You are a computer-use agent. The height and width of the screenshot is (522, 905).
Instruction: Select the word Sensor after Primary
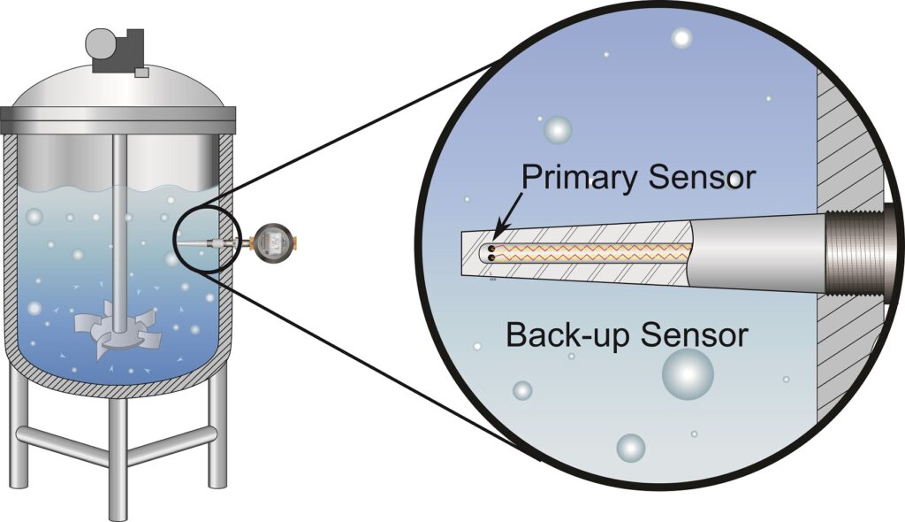pyautogui.click(x=701, y=178)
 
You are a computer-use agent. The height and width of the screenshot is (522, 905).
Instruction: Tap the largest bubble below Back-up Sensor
pyautogui.click(x=687, y=373)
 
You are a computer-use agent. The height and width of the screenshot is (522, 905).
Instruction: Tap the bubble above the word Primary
pyautogui.click(x=558, y=130)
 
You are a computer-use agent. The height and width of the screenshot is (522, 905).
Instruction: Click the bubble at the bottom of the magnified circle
pyautogui.click(x=630, y=448)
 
